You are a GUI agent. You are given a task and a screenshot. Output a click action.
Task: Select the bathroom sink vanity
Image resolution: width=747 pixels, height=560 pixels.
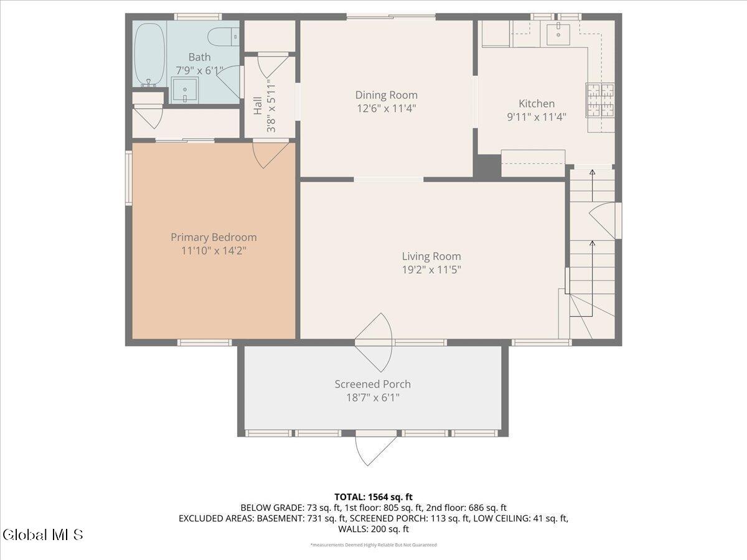[184, 91]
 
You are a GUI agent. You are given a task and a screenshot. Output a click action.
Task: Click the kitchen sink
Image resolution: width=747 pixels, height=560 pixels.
[558, 35]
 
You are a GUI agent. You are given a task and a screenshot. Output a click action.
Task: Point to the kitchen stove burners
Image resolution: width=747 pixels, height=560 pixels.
[599, 100]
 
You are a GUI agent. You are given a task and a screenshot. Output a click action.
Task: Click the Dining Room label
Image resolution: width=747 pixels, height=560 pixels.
[386, 95]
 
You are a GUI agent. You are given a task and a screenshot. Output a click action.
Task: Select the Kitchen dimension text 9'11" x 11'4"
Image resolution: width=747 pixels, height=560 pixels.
[537, 116]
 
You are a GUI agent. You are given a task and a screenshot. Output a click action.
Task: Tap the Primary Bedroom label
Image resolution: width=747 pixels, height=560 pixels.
[214, 237]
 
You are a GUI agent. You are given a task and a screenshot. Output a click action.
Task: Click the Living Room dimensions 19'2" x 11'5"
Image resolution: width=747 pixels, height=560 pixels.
[431, 269]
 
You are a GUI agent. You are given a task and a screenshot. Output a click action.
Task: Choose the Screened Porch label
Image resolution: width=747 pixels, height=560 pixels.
[372, 384]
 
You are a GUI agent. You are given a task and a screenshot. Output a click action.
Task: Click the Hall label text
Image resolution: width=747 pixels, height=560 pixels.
[258, 106]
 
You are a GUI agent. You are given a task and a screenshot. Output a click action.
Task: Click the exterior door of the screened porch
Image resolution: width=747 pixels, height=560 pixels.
[375, 448]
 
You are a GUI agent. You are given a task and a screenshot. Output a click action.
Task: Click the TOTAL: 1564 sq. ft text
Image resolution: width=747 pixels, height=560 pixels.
[374, 497]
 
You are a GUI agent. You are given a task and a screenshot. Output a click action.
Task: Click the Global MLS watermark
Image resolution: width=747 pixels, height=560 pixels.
[42, 534]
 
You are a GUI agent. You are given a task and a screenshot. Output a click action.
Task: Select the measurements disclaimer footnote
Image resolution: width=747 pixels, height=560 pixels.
[374, 545]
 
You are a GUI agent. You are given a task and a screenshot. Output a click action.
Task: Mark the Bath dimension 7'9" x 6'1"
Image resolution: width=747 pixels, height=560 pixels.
[199, 71]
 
